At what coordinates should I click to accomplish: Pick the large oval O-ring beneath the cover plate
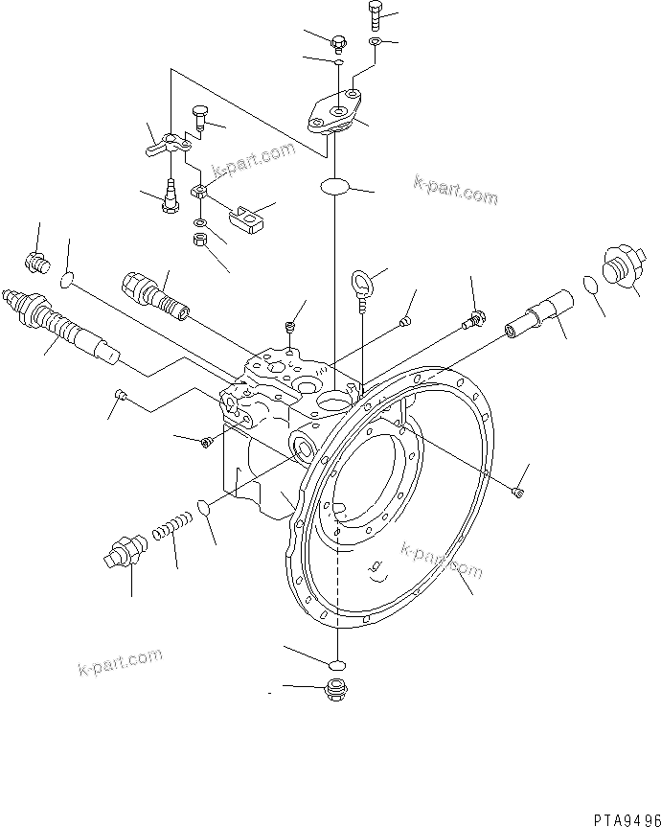pyautogui.click(x=335, y=186)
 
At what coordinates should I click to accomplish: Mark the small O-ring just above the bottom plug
pyautogui.click(x=334, y=664)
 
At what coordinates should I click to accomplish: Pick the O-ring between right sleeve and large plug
pyautogui.click(x=591, y=286)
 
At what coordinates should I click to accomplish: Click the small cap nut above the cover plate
pyautogui.click(x=337, y=42)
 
